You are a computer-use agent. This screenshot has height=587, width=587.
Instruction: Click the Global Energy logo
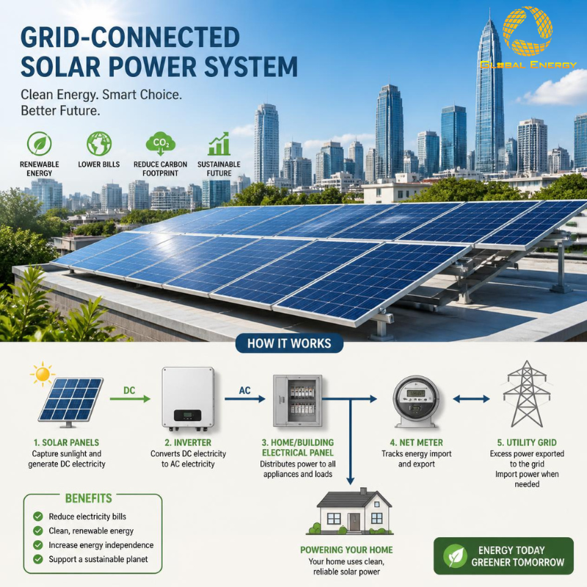coord(528,37)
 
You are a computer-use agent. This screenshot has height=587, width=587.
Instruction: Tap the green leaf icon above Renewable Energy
coord(40,144)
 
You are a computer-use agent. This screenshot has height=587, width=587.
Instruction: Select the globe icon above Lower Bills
coord(99,144)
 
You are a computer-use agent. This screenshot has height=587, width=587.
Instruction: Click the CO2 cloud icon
coord(160,144)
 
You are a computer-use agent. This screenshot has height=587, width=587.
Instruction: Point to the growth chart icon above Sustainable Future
coord(219,144)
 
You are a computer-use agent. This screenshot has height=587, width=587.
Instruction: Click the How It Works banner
coord(289,343)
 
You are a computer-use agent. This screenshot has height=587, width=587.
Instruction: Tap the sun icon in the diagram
coord(43,374)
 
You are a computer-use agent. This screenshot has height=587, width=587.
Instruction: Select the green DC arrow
coord(130,399)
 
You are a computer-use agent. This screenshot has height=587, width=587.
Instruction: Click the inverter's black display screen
coord(188,415)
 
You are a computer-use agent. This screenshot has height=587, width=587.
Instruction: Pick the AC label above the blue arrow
coord(244,390)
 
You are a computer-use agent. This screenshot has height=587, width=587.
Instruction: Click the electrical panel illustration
coord(298,401)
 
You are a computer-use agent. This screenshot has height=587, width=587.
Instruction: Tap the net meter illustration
coord(416,401)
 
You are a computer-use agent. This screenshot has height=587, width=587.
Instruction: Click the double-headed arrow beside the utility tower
coord(471,399)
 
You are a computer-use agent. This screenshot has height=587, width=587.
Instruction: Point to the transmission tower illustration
coord(527,394)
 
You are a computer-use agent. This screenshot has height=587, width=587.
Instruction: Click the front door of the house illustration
coord(354,522)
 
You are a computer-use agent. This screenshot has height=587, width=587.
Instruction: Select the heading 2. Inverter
coord(188,442)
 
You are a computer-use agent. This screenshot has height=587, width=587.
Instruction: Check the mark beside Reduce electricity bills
coord(38,517)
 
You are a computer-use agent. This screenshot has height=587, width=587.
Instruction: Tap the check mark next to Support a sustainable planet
coord(38,559)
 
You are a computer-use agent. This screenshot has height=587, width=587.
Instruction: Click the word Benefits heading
coord(88,498)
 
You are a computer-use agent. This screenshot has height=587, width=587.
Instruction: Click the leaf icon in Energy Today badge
coord(455,556)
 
